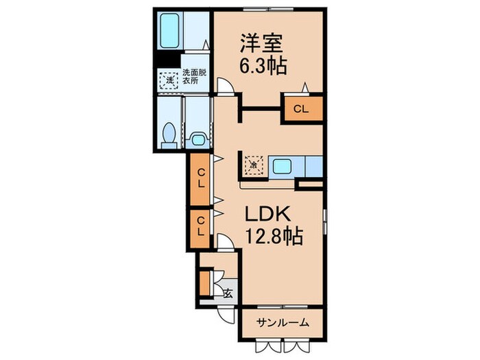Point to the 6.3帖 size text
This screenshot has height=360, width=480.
coord(263,67)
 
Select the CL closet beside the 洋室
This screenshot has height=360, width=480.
coord(302,108)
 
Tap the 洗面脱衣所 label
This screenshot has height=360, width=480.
coord(196,76)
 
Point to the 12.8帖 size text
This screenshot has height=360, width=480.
coord(274,237)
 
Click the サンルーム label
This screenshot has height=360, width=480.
coord(282,322)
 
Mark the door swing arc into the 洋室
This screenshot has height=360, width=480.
coord(224,86)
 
